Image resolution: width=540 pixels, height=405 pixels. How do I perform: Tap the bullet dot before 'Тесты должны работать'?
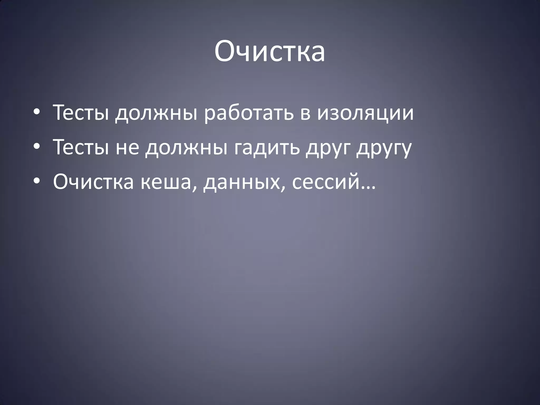pos(37,112)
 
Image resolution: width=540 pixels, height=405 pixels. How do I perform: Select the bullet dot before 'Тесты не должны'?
pos(37,147)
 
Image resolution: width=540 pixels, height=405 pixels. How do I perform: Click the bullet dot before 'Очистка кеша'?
pos(37,181)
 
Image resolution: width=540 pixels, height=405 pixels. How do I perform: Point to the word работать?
pos(249,113)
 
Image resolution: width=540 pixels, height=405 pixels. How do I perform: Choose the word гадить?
pos(267,148)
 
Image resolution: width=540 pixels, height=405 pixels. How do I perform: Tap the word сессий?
pos(326,182)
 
